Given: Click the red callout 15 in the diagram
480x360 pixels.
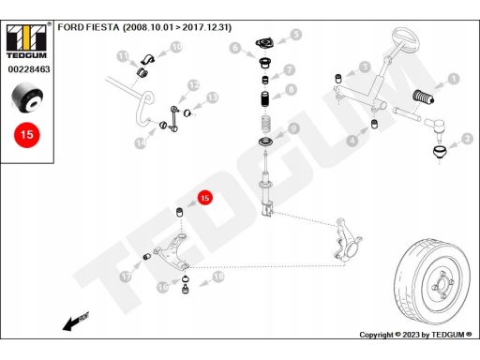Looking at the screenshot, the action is point(205,199).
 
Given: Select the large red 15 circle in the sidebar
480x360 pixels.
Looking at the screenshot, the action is point(26,134).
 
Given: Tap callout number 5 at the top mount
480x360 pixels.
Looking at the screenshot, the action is point(295,35).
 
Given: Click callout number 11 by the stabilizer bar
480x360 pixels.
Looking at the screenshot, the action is point(123,57).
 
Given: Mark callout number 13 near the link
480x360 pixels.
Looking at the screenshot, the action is point(212,97).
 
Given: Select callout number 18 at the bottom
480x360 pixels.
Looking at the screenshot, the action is point(218,277).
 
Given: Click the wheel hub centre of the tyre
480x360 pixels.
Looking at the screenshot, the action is point(441,282).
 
